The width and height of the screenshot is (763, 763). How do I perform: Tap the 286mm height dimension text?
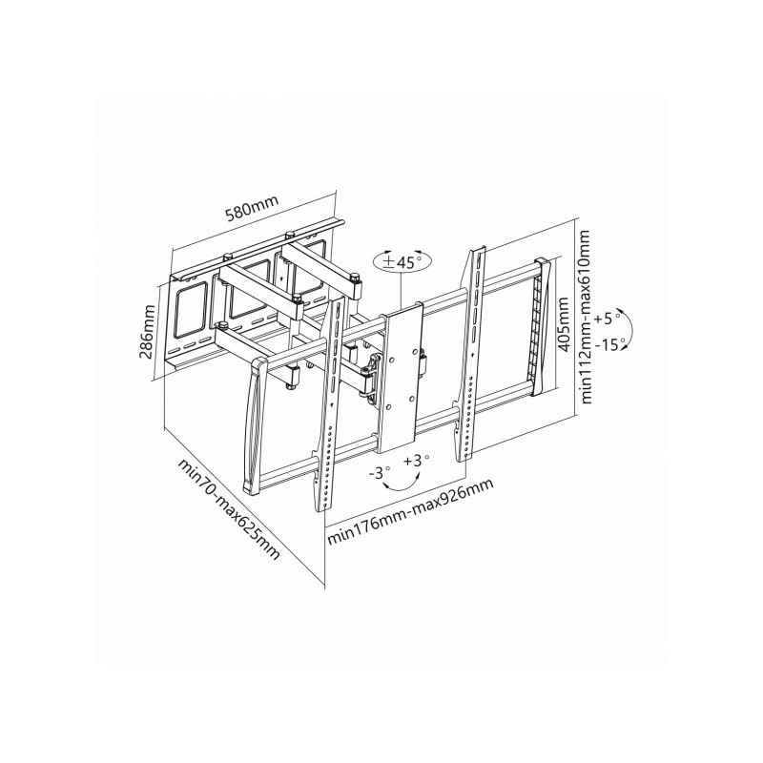(147, 332)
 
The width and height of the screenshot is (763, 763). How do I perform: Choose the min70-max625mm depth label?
(230, 508)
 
